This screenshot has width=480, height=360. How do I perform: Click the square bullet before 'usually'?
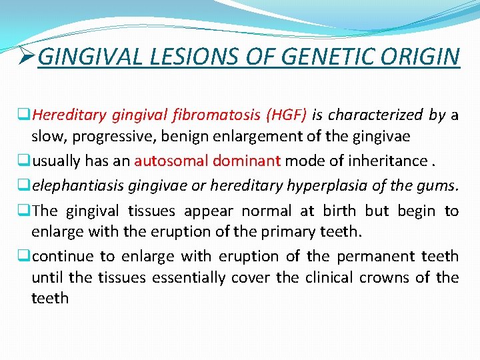click(x=26, y=161)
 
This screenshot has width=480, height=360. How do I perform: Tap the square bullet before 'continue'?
click(x=26, y=256)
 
